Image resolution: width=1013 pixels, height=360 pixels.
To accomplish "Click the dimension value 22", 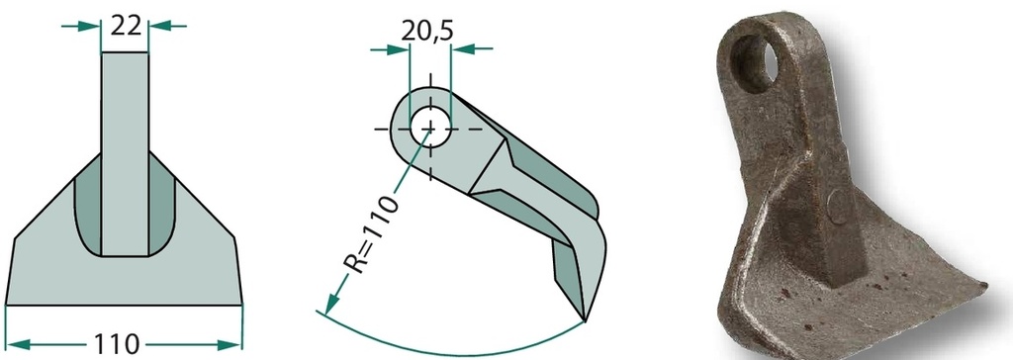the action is click(126, 27).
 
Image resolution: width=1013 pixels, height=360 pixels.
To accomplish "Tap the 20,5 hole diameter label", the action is click(427, 30).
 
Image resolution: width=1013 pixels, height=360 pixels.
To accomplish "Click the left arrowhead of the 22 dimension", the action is click(90, 27).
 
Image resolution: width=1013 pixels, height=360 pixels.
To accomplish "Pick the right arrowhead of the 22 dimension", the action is click(159, 27).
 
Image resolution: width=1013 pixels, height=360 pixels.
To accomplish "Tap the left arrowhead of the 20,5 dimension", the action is click(399, 48).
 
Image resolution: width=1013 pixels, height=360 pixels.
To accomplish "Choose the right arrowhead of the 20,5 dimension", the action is click(462, 48).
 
